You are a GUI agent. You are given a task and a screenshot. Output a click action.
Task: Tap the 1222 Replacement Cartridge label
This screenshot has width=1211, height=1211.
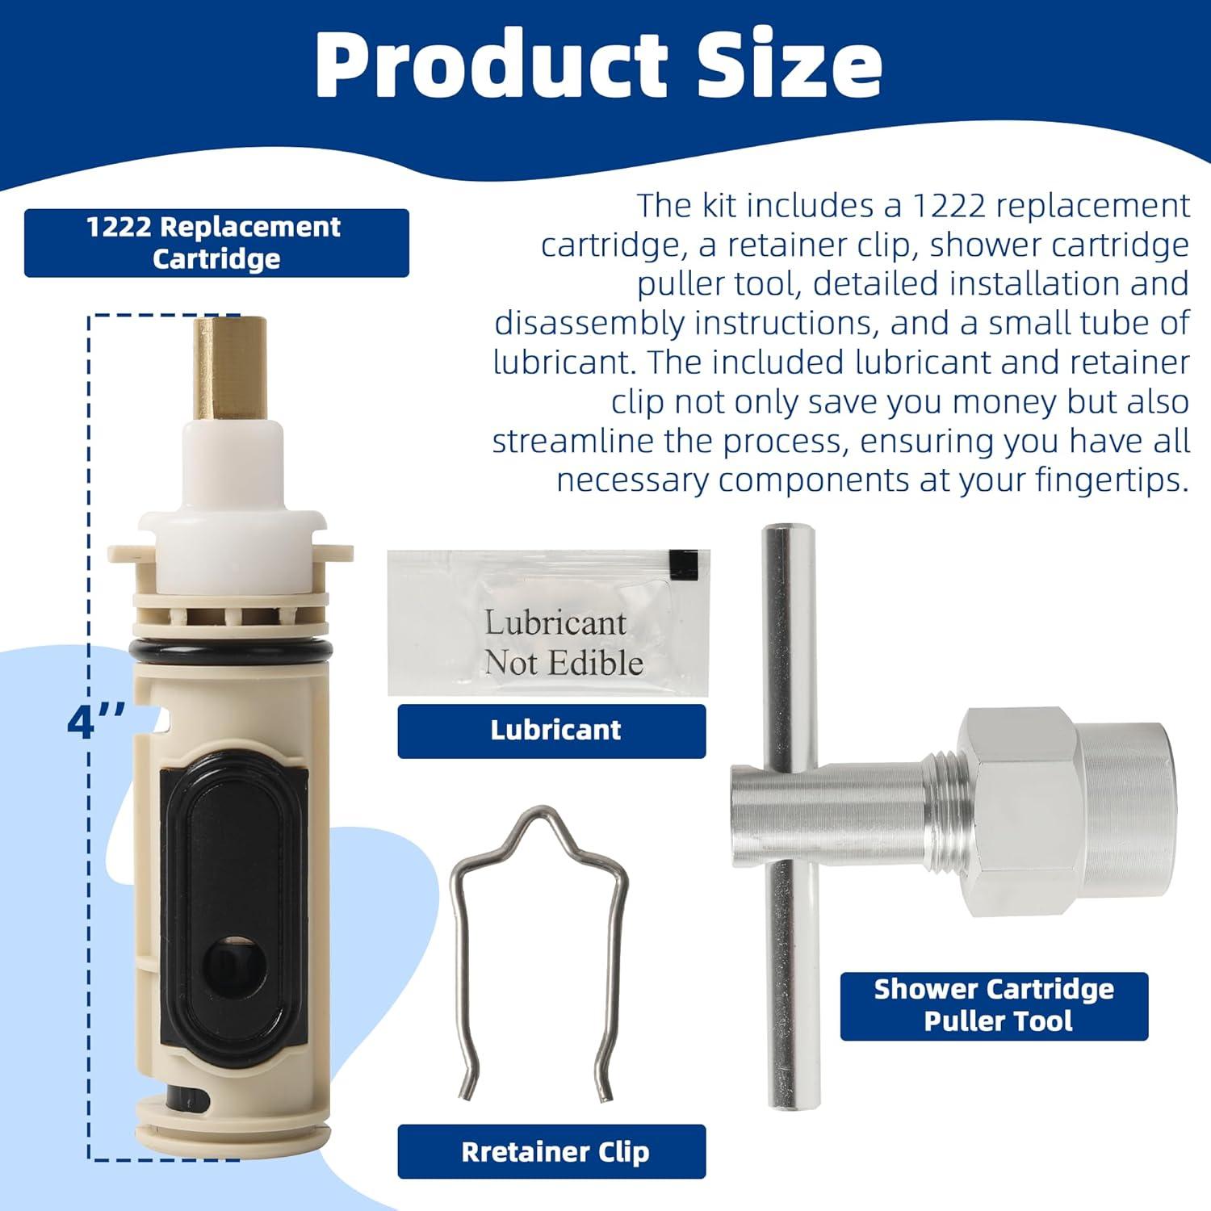coord(216,243)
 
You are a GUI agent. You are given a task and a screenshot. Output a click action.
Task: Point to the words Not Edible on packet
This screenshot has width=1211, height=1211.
coord(564,664)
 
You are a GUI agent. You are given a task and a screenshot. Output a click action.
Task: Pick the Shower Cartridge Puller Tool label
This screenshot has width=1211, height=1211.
coord(994,1006)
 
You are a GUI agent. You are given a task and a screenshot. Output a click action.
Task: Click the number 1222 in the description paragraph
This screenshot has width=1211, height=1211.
coord(949,206)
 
